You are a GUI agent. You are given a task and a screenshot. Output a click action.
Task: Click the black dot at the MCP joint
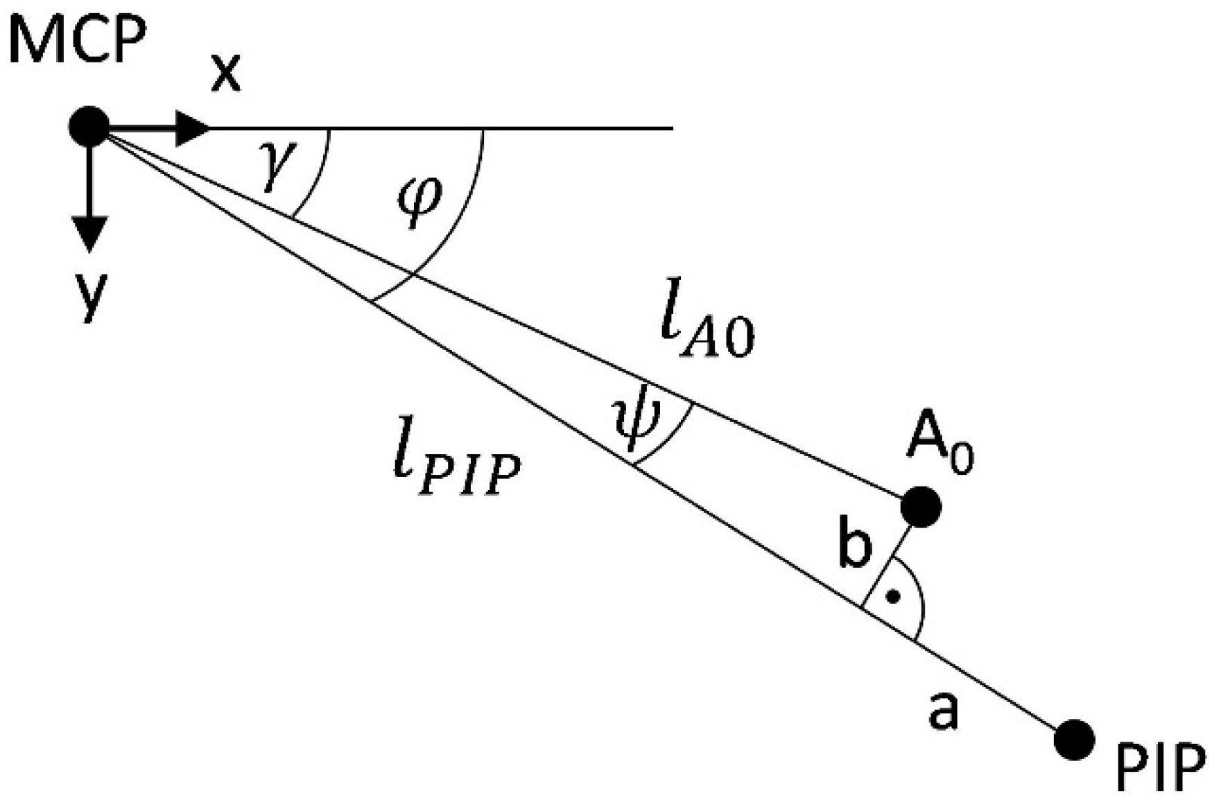coord(89,127)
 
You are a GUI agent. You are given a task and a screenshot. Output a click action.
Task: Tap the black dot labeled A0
coord(921,507)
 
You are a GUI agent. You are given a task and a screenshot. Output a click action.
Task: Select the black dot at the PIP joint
coord(1074,740)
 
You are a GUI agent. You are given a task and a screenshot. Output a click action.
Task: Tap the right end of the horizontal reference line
coord(671,128)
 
